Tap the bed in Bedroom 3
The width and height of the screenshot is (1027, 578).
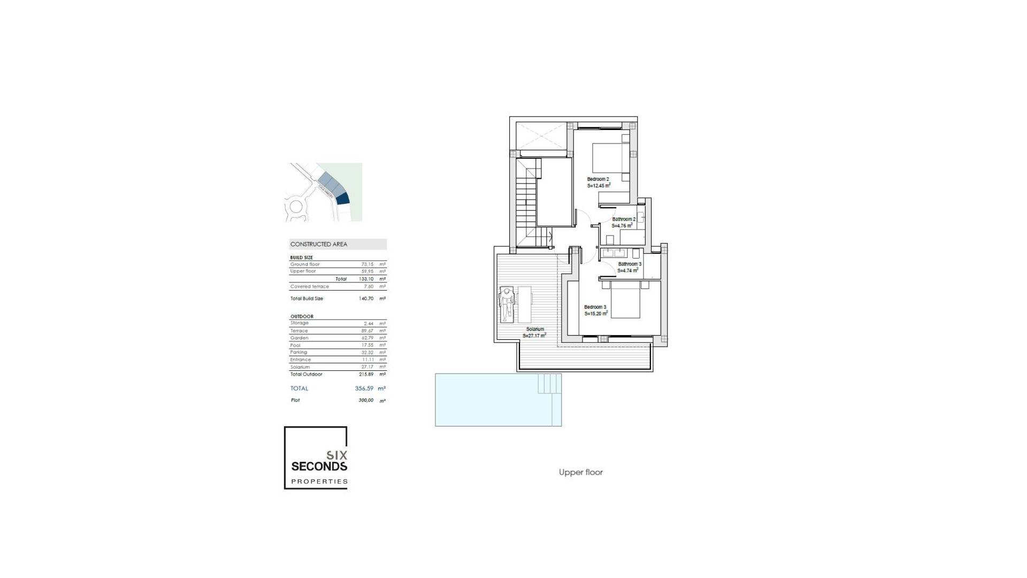click(625, 301)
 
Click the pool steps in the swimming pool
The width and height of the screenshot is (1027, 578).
click(549, 383)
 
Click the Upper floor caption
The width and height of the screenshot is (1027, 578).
click(580, 472)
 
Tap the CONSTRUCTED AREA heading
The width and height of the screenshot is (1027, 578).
click(319, 244)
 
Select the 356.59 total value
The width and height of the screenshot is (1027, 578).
click(364, 389)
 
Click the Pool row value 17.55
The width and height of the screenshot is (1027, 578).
click(367, 345)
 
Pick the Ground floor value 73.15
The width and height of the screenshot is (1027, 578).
click(367, 264)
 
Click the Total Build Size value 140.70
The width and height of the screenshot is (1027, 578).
click(366, 299)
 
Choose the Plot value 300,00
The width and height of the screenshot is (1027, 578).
click(366, 400)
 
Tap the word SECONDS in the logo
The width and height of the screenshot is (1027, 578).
click(319, 467)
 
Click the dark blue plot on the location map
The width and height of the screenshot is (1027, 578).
click(342, 199)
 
